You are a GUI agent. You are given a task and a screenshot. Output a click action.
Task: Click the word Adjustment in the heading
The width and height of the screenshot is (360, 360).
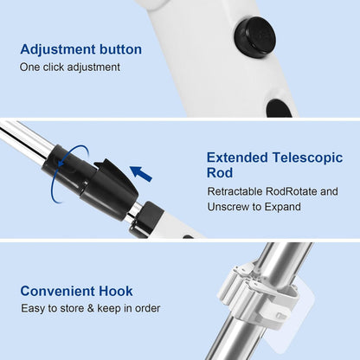[x=57, y=49]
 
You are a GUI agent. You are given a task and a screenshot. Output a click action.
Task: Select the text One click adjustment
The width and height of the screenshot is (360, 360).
[x=70, y=67]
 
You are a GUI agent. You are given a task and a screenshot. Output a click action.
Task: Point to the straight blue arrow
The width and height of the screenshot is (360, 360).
[x=141, y=174]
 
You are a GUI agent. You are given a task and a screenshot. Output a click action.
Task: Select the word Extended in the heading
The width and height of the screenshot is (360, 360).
[x=236, y=157]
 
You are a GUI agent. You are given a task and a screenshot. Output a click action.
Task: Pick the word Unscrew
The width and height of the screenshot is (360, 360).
[x=228, y=208]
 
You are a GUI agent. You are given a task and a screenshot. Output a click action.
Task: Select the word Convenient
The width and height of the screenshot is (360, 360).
[x=61, y=291]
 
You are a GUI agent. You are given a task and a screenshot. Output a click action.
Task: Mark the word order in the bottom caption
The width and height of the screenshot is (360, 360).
[x=145, y=309]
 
